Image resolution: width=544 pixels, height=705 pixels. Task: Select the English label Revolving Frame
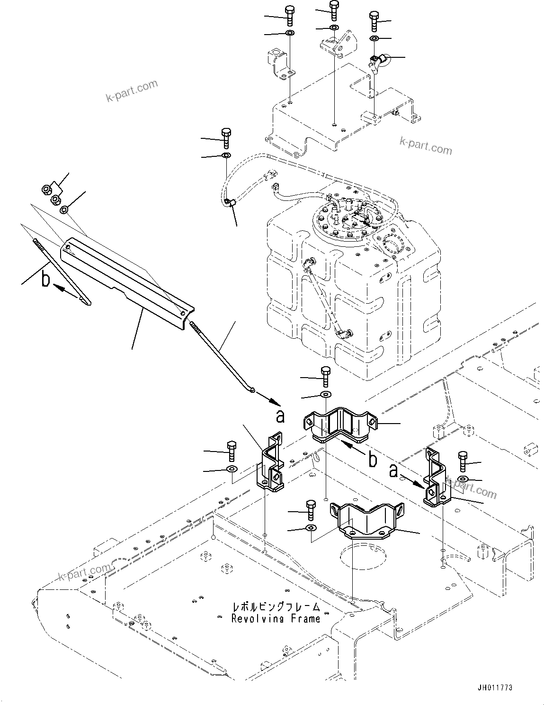pos(276,618)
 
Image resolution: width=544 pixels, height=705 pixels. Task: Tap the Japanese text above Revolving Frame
pos(276,607)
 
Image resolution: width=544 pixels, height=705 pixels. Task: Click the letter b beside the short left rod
pos(45,279)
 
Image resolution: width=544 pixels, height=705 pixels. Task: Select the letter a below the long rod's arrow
pos(280,416)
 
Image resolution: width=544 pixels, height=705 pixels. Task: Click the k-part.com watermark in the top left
pos(132,91)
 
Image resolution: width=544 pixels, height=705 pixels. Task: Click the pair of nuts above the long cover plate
pos(51,194)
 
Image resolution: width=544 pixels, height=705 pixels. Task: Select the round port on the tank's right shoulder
pos(392,245)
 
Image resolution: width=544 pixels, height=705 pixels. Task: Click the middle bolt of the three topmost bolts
pos(334,10)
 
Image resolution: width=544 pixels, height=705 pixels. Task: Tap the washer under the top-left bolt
pos(290,33)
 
